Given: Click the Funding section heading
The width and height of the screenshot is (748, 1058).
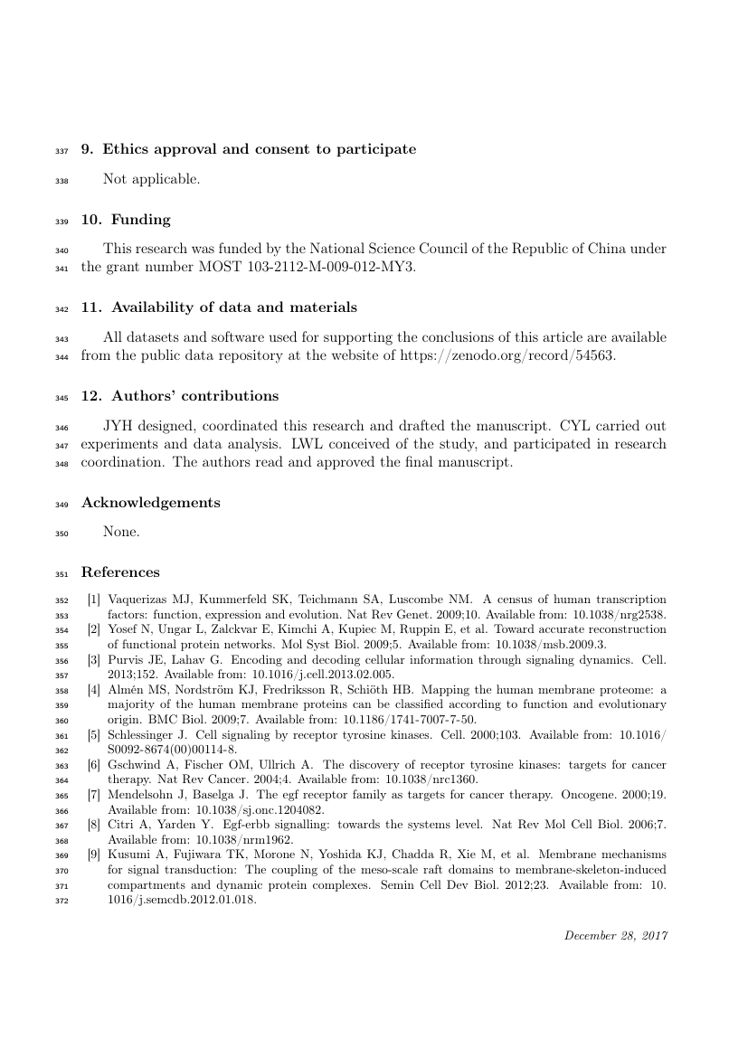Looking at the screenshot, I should (137, 220).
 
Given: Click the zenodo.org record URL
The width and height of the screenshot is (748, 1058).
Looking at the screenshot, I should (507, 355).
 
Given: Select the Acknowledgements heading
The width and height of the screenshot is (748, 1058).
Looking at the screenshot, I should (150, 503).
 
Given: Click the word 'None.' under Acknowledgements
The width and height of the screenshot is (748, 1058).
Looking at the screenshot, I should (121, 532).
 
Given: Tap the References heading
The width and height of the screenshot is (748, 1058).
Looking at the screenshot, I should (120, 572).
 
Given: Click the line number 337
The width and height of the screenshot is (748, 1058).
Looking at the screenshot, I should (63, 150).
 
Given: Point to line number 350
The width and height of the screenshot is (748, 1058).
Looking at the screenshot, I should (63, 533).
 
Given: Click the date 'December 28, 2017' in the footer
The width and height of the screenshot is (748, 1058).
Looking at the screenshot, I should (616, 935).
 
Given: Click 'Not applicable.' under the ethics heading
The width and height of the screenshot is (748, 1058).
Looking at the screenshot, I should (151, 179).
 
